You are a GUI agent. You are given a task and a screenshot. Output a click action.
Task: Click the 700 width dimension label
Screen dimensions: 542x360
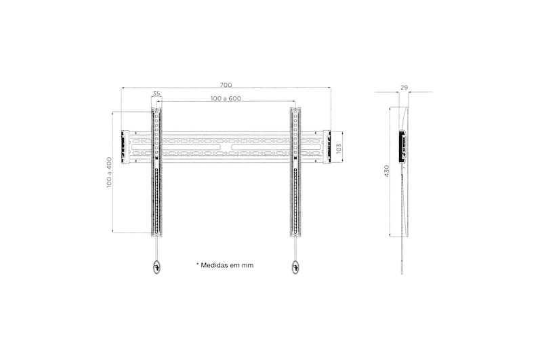point(226,85)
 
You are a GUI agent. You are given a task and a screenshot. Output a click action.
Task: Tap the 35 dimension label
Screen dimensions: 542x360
point(157,94)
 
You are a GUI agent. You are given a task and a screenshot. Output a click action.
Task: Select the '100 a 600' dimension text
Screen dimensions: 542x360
point(226,98)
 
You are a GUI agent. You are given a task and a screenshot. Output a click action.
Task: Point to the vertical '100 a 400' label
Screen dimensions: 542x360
point(109,173)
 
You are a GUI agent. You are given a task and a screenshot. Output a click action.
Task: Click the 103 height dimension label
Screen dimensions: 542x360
point(339,148)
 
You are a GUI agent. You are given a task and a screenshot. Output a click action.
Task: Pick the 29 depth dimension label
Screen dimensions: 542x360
point(404,88)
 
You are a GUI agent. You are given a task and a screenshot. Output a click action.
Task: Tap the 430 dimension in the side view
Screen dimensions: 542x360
point(387,171)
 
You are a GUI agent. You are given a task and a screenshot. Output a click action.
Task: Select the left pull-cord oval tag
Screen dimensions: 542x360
point(157,267)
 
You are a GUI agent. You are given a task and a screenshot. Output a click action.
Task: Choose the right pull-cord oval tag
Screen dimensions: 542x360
point(295,267)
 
